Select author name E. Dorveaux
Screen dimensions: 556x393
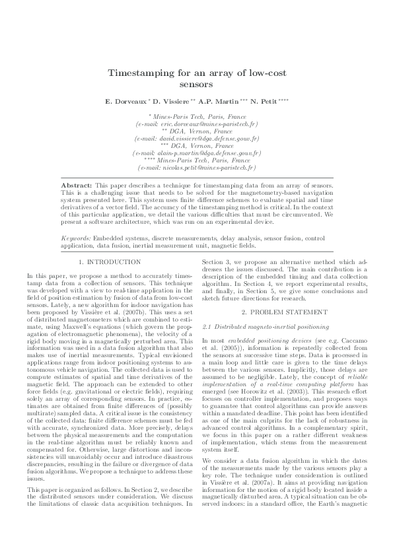[126, 102]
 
